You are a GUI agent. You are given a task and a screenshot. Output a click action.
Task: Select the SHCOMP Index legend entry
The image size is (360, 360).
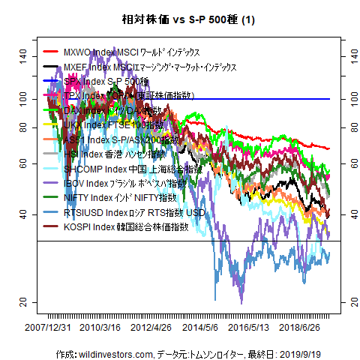click(x=127, y=169)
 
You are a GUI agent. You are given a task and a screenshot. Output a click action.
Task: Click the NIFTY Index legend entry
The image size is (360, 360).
click(x=120, y=197)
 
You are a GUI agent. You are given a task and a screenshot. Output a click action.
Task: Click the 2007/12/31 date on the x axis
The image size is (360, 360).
click(x=49, y=328)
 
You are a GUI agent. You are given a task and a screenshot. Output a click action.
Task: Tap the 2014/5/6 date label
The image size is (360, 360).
click(x=200, y=328)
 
